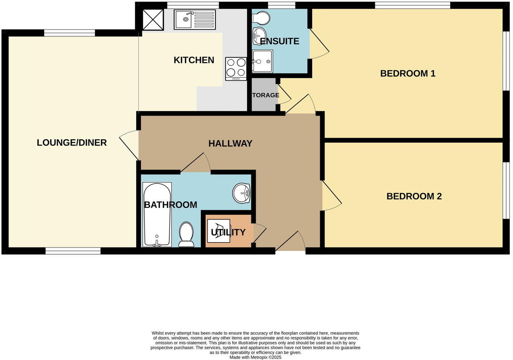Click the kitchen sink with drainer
click(195, 19)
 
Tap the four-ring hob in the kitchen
click(236, 69)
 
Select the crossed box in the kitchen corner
click(153, 20)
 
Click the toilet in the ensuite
click(261, 17)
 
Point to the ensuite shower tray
click(263, 61)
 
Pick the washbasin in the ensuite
click(259, 36)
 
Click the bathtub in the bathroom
click(157, 215)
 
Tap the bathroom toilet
click(186, 234)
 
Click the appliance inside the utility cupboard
click(219, 231)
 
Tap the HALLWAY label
click(230, 144)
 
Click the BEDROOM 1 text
click(408, 73)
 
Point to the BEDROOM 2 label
click(414, 196)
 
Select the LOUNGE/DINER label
click(72, 142)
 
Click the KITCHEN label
click(194, 60)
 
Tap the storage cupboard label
click(266, 95)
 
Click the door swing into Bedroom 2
click(332, 196)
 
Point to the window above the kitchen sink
click(193, 5)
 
